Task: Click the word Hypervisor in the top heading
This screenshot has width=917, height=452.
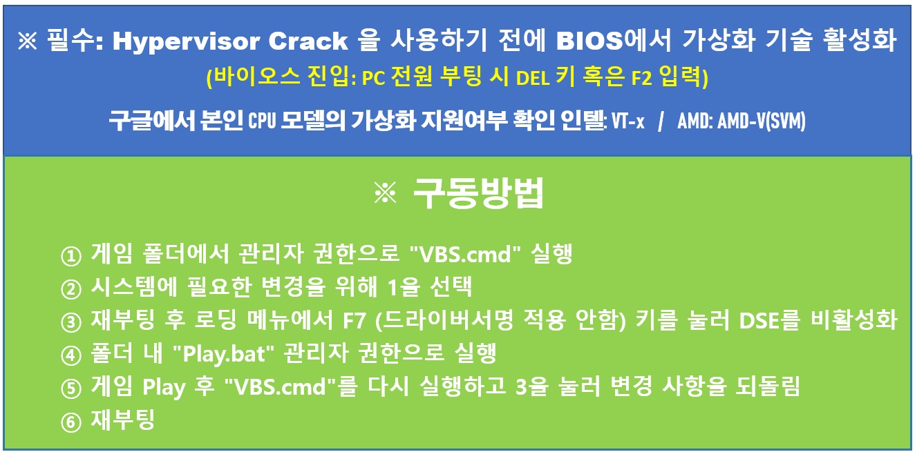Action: point(187,41)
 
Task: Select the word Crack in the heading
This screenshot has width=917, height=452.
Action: point(308,41)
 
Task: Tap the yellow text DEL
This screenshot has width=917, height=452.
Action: point(533,78)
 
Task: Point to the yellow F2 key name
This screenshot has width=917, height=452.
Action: point(641,78)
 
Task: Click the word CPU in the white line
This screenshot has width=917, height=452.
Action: point(262,121)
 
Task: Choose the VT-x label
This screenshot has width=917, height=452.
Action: point(628,121)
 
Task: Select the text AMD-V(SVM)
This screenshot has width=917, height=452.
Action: point(762,121)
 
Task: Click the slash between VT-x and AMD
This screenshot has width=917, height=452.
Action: point(661,121)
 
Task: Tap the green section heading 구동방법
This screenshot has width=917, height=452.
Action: point(478,193)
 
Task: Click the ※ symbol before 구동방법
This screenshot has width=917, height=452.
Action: point(385,193)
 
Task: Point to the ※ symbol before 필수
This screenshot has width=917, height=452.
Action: point(28,41)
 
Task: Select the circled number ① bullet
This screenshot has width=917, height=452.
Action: point(71,256)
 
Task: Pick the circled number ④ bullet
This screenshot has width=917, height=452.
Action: point(71,355)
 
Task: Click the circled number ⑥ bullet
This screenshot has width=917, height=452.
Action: point(71,422)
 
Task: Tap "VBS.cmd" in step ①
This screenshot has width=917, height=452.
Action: point(465,254)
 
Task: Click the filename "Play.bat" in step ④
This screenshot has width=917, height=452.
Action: point(223,354)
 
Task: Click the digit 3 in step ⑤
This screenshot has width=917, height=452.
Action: point(520,387)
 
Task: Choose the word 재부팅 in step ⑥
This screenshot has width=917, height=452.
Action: point(122,420)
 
